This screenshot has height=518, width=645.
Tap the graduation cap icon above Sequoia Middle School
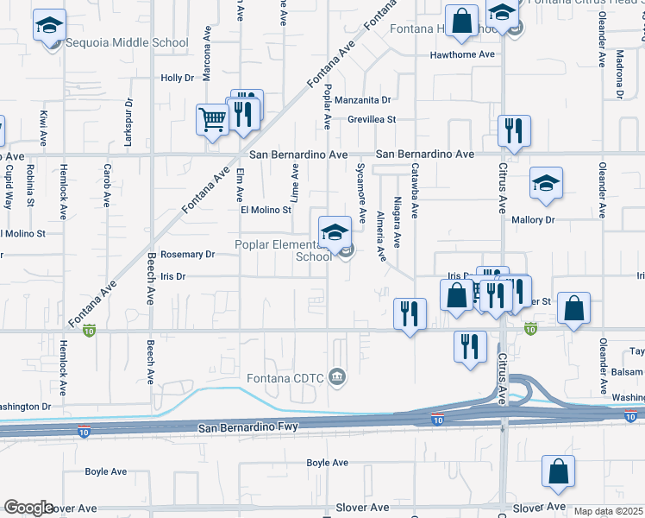tap(50, 26)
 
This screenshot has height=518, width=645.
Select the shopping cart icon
tap(211, 121)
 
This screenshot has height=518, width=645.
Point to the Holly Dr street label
tap(178, 78)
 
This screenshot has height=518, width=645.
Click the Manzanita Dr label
tap(363, 100)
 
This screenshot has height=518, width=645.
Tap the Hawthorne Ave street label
tap(463, 54)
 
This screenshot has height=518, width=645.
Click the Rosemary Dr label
tap(187, 255)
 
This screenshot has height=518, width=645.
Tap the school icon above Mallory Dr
tap(546, 184)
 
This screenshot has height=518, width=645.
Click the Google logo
tap(28, 508)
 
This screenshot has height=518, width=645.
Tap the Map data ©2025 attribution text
tap(608, 511)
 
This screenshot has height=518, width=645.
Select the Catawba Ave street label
tap(414, 191)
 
